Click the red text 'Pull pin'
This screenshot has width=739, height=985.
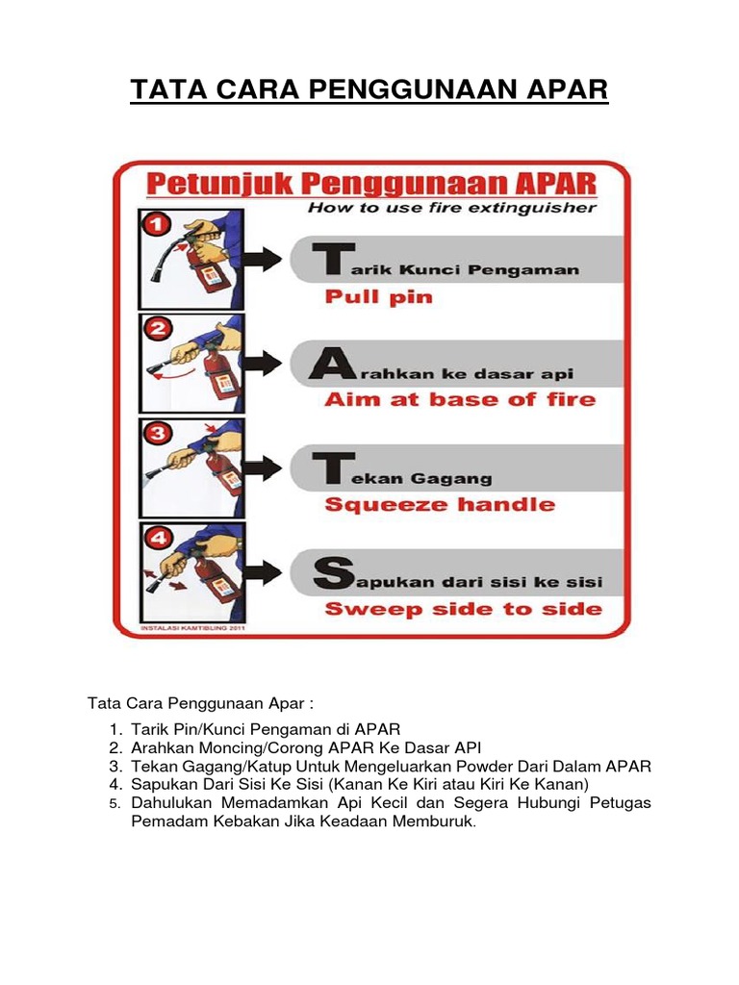(x=378, y=297)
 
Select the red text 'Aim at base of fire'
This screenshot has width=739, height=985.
(x=459, y=399)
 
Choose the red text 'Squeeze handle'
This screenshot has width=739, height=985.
(x=439, y=504)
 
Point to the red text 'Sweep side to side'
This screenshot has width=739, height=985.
(x=463, y=608)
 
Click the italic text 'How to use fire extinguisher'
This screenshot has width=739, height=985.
(x=451, y=207)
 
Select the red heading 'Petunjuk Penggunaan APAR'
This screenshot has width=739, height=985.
(x=370, y=183)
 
